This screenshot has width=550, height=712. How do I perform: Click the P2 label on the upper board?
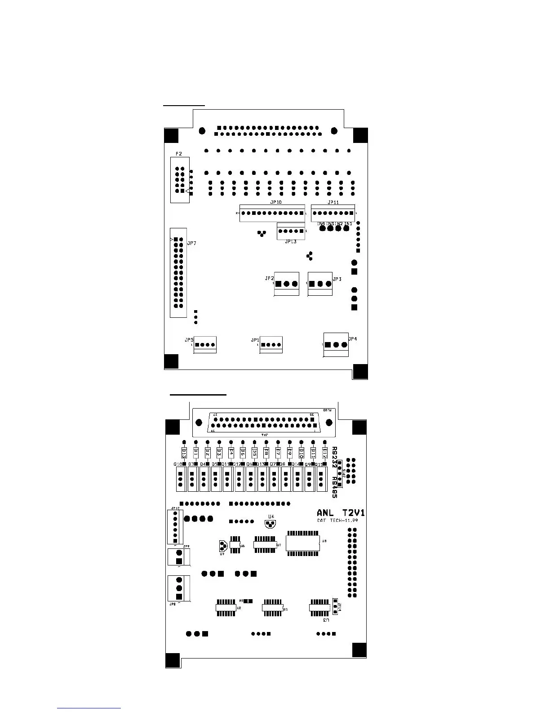tap(179, 154)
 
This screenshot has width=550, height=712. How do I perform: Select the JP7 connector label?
tap(192, 243)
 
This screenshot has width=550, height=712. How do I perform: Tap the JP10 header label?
tap(276, 202)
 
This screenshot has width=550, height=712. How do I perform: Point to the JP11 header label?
tap(333, 202)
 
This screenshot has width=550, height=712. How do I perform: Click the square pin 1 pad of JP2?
tap(279, 284)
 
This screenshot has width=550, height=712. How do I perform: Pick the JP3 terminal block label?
tap(337, 279)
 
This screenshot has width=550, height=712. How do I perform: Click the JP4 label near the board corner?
tap(353, 339)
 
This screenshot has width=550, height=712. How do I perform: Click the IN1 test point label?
tap(348, 223)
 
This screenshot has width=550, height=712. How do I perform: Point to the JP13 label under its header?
tap(291, 242)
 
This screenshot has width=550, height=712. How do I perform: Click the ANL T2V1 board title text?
tap(340, 513)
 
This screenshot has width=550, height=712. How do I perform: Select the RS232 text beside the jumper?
tap(334, 457)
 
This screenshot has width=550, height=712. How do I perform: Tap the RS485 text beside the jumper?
tap(334, 488)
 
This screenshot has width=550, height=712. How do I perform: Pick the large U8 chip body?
tap(303, 543)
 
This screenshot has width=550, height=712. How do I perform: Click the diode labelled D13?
tap(184, 452)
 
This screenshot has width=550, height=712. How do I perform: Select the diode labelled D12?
tap(325, 452)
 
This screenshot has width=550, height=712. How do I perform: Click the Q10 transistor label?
tap(178, 464)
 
